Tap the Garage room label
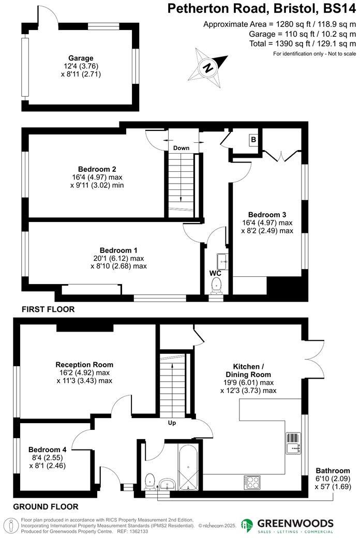[x=80, y=58]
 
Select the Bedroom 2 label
[x=97, y=169]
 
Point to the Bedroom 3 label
[x=267, y=215]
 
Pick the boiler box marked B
[x=254, y=140]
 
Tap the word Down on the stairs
[x=181, y=148]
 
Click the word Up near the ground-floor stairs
[x=172, y=423]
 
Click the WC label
[x=216, y=273]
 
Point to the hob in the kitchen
[x=252, y=482]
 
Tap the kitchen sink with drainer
[x=292, y=442]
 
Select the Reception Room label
[x=84, y=365]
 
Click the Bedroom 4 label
[x=47, y=450]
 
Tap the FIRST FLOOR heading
[x=48, y=309]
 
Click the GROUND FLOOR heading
[x=46, y=506]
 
